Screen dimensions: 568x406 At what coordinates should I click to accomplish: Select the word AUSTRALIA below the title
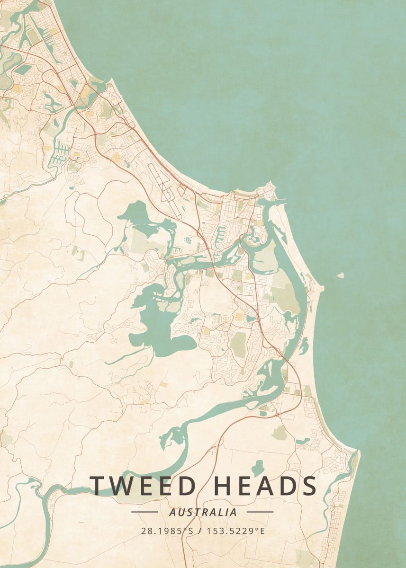click(x=202, y=512)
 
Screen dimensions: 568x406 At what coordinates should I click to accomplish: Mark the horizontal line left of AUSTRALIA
click(x=144, y=512)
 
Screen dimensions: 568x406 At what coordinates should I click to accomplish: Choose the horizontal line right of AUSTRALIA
click(x=260, y=512)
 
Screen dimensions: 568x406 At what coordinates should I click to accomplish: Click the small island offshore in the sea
click(x=340, y=275)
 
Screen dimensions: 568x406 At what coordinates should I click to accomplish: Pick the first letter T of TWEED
click(x=98, y=486)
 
